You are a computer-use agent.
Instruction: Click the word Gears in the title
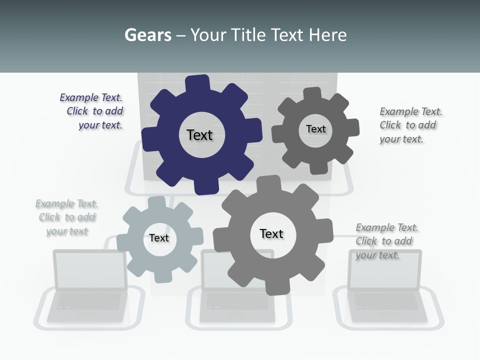click(x=147, y=35)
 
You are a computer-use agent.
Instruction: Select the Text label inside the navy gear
click(x=199, y=135)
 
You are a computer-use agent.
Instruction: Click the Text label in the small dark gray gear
click(x=315, y=129)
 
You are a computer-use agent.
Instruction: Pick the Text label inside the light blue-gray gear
click(x=159, y=238)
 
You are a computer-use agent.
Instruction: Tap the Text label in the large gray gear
click(x=271, y=234)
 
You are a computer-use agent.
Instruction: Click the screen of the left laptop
click(x=90, y=269)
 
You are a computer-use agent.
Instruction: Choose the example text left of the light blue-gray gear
click(x=67, y=217)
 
